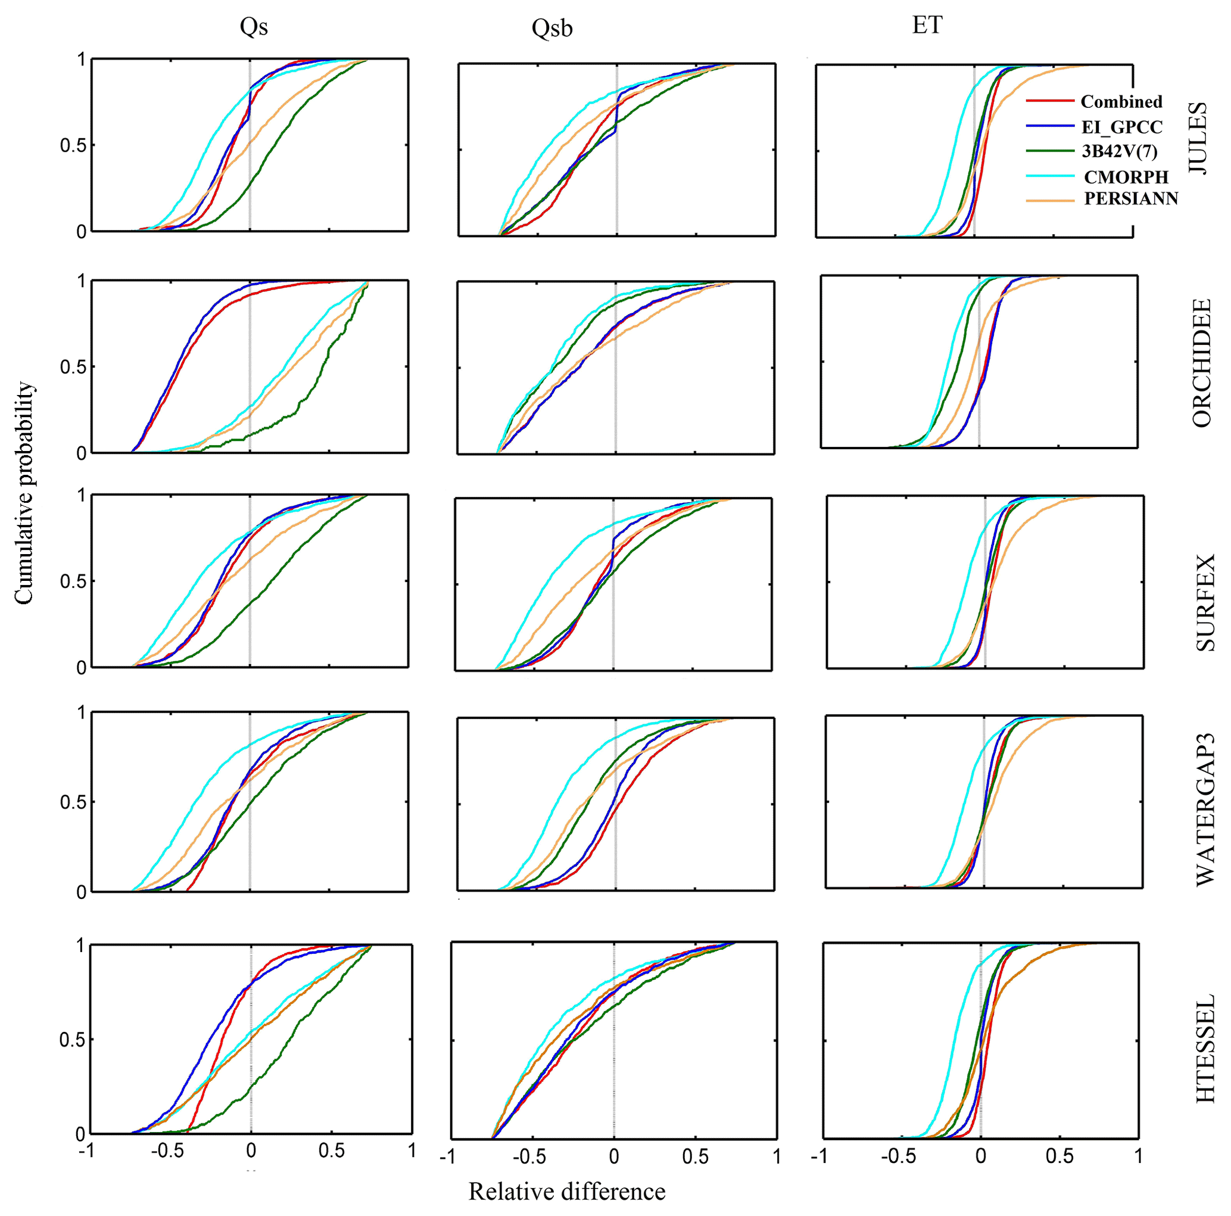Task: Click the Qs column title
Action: pyautogui.click(x=254, y=27)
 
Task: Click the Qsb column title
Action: pyautogui.click(x=552, y=29)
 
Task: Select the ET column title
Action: pyautogui.click(x=927, y=26)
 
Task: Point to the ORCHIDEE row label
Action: pyautogui.click(x=1201, y=363)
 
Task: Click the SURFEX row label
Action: pyautogui.click(x=1205, y=602)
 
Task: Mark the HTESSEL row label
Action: pyautogui.click(x=1205, y=1049)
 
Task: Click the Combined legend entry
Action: pyautogui.click(x=1121, y=102)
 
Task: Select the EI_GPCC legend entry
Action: pyautogui.click(x=1122, y=127)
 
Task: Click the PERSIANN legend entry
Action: pyautogui.click(x=1131, y=199)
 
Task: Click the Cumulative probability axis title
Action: pyautogui.click(x=24, y=493)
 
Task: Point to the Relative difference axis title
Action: pyautogui.click(x=567, y=1191)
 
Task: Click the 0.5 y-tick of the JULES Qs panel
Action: pyautogui.click(x=73, y=146)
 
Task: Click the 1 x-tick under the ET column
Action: pyautogui.click(x=1138, y=1155)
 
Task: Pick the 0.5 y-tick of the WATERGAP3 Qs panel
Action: pyautogui.click(x=73, y=803)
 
